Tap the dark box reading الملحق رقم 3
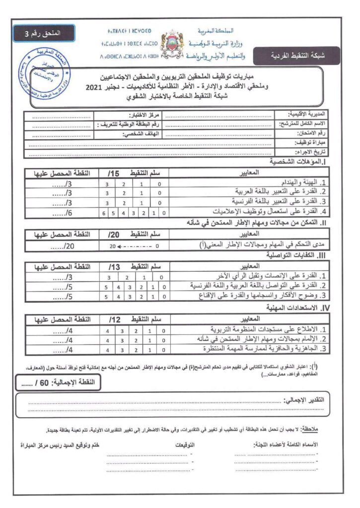point(44,33)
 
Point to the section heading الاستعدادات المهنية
point(293,309)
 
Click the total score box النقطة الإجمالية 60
point(59,382)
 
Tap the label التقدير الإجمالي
point(303,400)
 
